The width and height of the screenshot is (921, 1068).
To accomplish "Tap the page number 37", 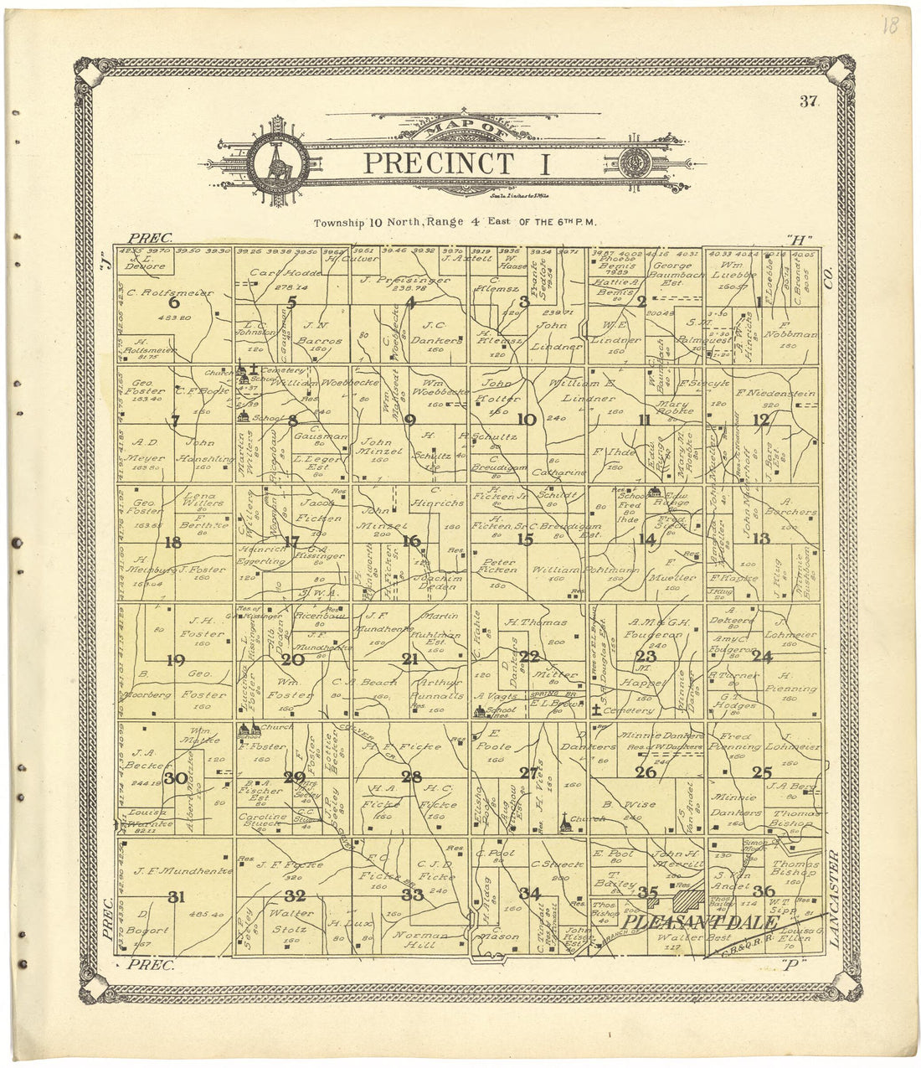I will coord(808,102).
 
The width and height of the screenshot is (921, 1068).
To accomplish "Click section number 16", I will coord(411,541).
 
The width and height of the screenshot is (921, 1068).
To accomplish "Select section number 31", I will coord(176,897).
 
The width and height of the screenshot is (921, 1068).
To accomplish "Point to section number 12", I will coord(760,420).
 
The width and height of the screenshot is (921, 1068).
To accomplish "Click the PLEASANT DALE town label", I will coord(702,922).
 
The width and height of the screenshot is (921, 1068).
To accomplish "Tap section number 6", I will coord(174,303).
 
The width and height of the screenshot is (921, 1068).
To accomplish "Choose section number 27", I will coord(528,772).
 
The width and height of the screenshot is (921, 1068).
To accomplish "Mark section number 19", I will coord(175,660).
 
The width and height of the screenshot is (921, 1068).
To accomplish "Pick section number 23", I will coord(645,658).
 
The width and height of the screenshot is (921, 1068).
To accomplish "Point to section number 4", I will coord(410,303).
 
